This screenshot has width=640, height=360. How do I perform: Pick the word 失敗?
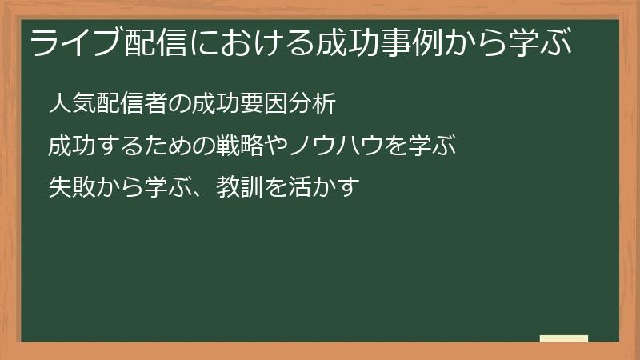click(x=70, y=189)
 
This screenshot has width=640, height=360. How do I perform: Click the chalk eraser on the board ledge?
click(x=563, y=339)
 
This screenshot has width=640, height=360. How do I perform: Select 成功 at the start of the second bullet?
click(x=70, y=147)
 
